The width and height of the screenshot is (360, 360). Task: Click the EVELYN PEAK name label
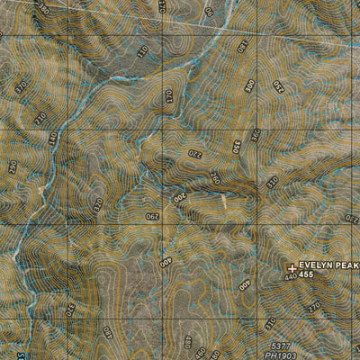point(329,265)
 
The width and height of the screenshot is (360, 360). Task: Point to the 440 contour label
point(291,278)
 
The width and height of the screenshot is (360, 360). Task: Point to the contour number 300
point(249,88)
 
